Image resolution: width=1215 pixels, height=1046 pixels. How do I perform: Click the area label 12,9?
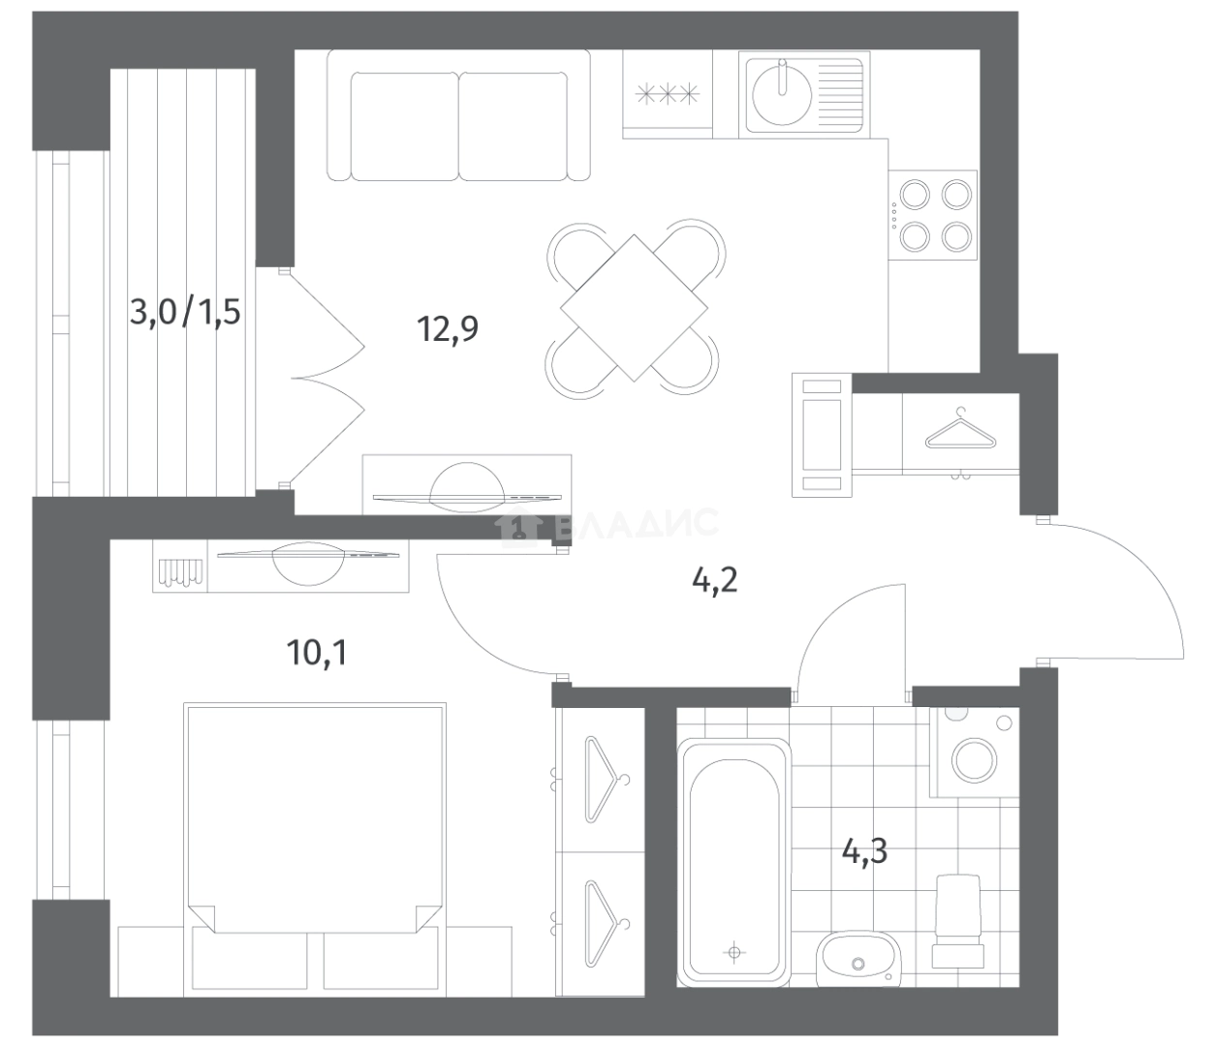tap(448, 329)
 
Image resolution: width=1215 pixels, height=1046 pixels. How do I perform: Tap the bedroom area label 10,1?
tap(317, 652)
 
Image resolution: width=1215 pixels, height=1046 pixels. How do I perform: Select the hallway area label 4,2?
tap(715, 582)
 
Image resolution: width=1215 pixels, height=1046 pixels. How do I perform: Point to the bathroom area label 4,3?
tap(864, 851)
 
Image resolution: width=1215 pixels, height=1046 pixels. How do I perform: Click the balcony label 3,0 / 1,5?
tap(185, 312)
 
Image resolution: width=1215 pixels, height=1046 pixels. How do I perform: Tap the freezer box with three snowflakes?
tap(668, 95)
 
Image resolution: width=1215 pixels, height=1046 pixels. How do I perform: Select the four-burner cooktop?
tap(933, 215)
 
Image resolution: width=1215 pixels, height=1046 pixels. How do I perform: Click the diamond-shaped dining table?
tap(634, 308)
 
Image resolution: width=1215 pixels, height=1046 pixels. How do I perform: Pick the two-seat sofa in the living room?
tap(458, 115)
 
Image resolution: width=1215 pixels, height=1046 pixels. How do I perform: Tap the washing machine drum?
tap(975, 759)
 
